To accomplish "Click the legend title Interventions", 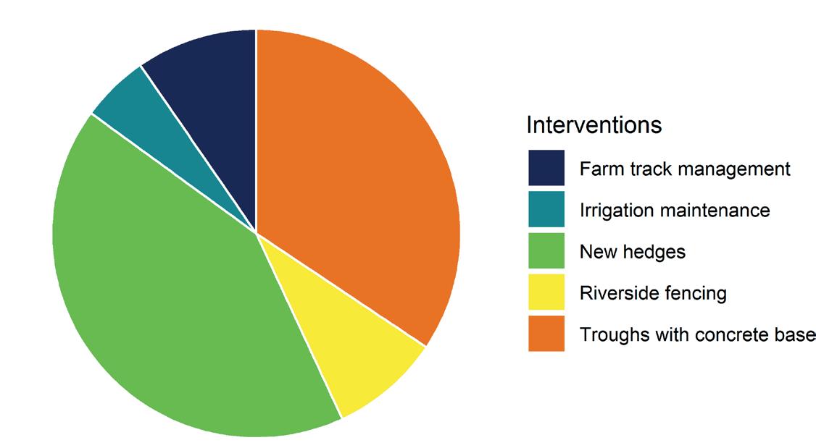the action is [594, 125].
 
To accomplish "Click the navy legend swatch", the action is [546, 167].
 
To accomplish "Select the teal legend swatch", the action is [546, 209].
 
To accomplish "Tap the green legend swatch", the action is [546, 250].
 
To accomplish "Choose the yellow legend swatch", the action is [546, 292].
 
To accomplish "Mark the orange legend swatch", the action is [546, 334].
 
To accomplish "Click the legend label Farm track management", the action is [685, 169].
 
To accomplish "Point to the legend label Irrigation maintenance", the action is [675, 211].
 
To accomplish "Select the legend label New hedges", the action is [633, 252].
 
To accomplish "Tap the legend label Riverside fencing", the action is [653, 294].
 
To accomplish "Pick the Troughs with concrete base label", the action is [697, 334].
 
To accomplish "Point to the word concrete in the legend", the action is [734, 334].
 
